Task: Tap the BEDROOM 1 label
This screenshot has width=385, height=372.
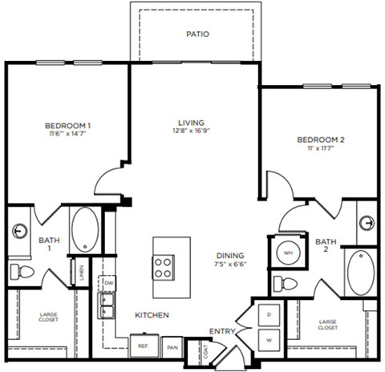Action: [x=67, y=125]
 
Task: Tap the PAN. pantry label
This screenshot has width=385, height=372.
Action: [x=172, y=347]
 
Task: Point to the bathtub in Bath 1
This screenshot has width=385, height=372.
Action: [x=83, y=230]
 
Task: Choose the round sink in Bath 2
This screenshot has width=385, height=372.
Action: [x=366, y=222]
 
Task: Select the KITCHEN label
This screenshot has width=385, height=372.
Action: [x=152, y=315]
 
